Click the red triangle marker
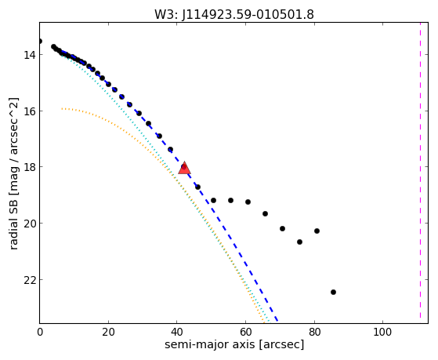[x=184, y=168]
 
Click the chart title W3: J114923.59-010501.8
[x=234, y=14]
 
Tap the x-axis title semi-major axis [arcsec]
[x=234, y=344]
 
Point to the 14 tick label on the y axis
[x=29, y=55]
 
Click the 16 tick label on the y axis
[x=29, y=111]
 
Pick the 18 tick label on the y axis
[x=29, y=167]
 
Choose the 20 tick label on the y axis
[x=29, y=224]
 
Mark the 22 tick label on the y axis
[x=29, y=280]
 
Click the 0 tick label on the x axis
[x=40, y=332]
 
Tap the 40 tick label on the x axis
[x=177, y=332]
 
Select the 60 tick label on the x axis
[x=245, y=332]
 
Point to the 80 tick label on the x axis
[x=314, y=332]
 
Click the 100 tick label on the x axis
[x=382, y=332]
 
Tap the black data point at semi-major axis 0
[x=40, y=41]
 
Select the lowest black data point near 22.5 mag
[x=333, y=292]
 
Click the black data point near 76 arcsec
[x=299, y=242]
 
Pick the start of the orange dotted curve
[x=62, y=108]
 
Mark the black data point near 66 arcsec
[x=265, y=213]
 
